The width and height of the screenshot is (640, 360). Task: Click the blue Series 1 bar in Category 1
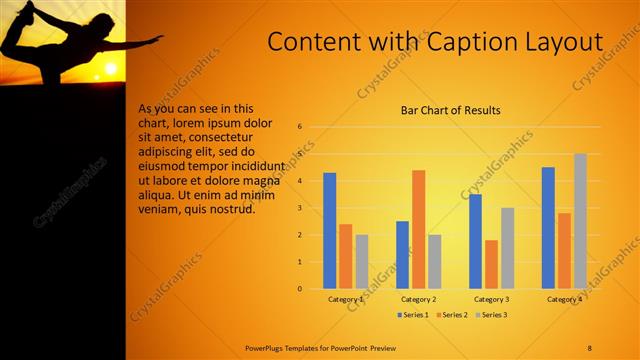point(330,231)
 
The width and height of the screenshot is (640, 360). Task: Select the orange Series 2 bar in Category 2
point(418,229)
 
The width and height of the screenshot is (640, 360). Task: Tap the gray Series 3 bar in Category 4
point(580,221)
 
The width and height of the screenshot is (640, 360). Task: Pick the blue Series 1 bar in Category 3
point(475,241)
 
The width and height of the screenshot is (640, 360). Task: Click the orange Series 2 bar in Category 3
point(491,264)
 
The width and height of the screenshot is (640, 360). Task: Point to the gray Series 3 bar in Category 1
point(361,262)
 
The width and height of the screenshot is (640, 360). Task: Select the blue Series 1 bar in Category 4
point(548,228)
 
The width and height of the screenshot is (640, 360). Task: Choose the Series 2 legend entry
point(451,315)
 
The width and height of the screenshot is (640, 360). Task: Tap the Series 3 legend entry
point(490,315)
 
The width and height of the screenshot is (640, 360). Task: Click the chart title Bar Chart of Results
point(450,110)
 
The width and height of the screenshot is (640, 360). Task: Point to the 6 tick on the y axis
point(299,127)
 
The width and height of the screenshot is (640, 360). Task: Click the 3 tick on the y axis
point(299,208)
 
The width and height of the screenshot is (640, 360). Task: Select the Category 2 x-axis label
point(418,299)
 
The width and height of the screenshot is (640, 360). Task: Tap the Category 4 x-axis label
point(564,299)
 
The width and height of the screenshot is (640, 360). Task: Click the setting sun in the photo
point(109,69)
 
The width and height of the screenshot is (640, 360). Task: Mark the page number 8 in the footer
point(590,347)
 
